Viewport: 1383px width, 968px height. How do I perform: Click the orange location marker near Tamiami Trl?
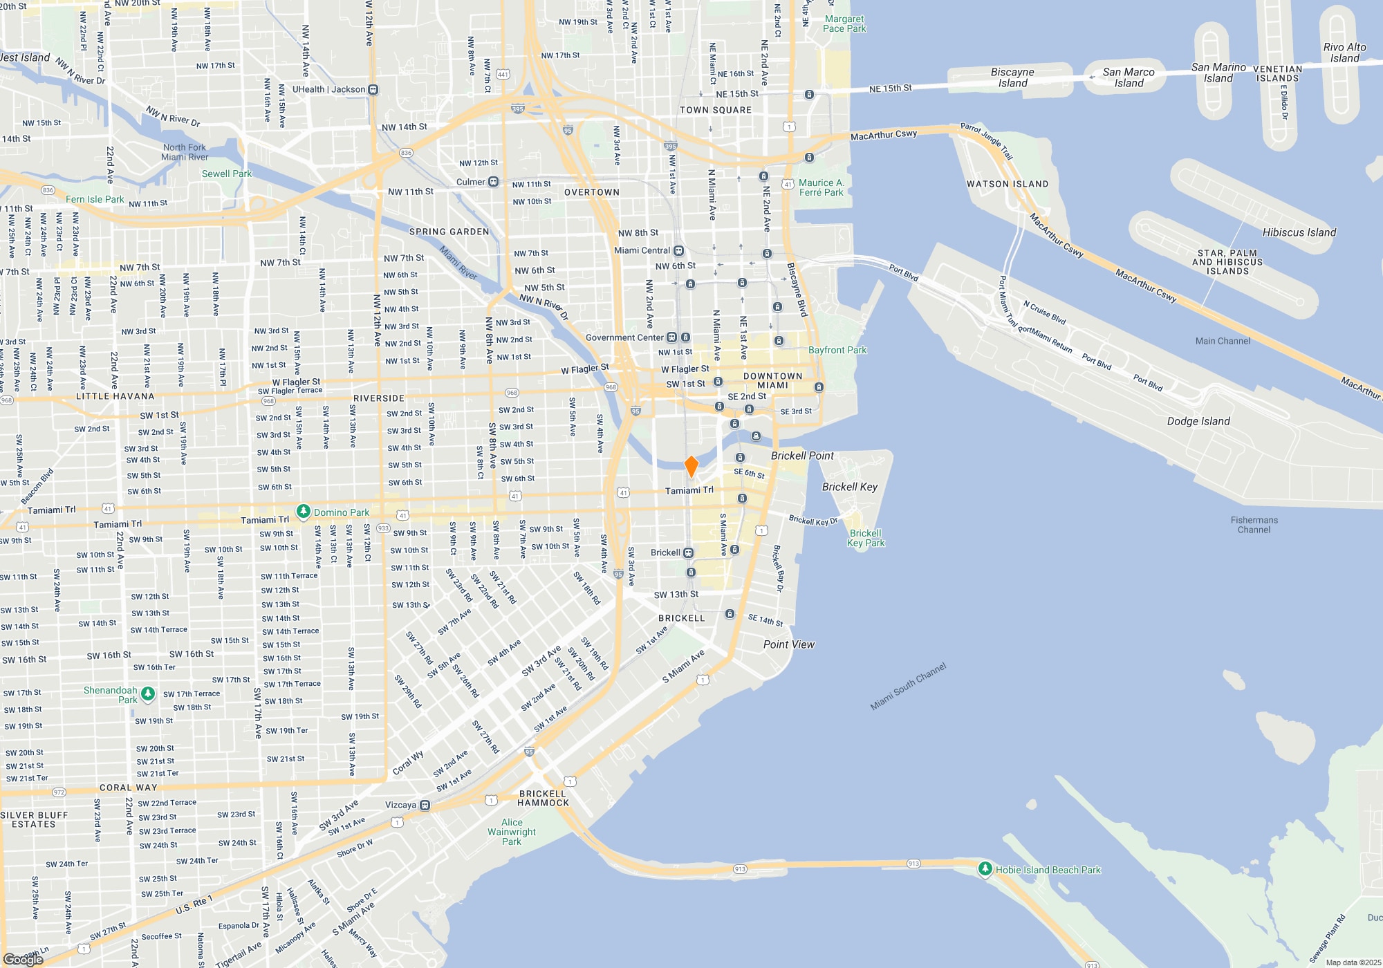click(691, 466)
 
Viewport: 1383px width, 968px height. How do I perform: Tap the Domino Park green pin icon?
click(303, 512)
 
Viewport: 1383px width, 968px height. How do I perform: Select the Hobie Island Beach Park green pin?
click(985, 869)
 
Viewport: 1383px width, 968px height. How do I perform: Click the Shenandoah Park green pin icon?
click(148, 694)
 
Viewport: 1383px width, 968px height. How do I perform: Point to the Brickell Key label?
click(849, 487)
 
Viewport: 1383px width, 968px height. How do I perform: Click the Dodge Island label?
click(1198, 421)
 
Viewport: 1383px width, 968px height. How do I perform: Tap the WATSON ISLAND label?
click(1007, 184)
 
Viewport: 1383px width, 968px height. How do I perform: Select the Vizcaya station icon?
click(425, 805)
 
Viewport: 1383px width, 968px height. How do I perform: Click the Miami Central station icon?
click(679, 250)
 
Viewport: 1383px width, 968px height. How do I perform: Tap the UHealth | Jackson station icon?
click(373, 89)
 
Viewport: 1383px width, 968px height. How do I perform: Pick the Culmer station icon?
click(493, 182)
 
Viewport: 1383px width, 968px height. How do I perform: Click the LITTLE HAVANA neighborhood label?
click(115, 396)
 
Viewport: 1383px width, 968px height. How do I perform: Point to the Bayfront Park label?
click(837, 350)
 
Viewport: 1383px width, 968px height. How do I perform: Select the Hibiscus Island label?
click(1299, 232)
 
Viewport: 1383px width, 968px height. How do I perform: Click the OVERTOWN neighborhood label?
click(591, 192)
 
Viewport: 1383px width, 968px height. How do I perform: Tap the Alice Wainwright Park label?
click(512, 832)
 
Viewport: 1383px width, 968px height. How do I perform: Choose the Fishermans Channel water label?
click(1254, 525)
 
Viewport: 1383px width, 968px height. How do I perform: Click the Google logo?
click(23, 959)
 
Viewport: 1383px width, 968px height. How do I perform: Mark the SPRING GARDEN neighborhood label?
click(449, 232)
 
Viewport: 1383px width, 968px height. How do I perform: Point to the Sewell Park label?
click(226, 174)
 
